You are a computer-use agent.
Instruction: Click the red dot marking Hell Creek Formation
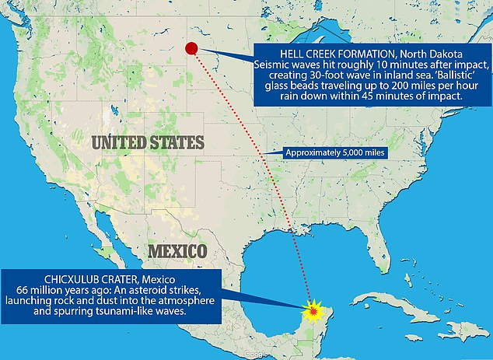(192, 49)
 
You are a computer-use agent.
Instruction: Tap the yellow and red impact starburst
(312, 310)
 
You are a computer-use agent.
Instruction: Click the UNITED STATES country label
(147, 142)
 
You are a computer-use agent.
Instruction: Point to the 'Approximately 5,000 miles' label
(335, 153)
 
